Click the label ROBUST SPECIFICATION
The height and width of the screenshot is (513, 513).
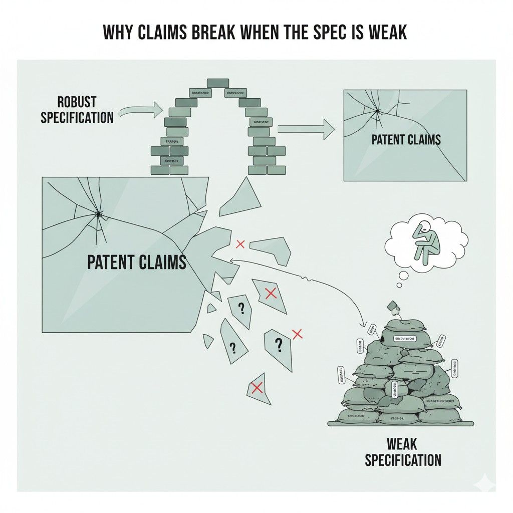pyautogui.click(x=77, y=110)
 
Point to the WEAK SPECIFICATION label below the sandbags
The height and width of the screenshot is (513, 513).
pyautogui.click(x=403, y=451)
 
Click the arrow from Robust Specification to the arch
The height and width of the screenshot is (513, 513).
pyautogui.click(x=141, y=111)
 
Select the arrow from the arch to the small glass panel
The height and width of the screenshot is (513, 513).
pyautogui.click(x=306, y=129)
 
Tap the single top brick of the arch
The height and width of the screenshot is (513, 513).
pyautogui.click(x=217, y=83)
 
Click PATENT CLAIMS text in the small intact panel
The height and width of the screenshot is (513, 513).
pyautogui.click(x=406, y=139)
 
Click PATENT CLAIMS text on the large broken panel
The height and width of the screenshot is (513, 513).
pyautogui.click(x=136, y=262)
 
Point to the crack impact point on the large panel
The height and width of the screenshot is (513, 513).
pyautogui.click(x=99, y=215)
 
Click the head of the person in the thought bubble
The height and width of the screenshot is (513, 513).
pyautogui.click(x=424, y=226)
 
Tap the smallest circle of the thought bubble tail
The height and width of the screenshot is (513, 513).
pyautogui.click(x=399, y=285)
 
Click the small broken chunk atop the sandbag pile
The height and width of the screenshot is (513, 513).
pyautogui.click(x=393, y=306)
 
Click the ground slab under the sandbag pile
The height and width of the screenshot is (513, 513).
pyautogui.click(x=401, y=423)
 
